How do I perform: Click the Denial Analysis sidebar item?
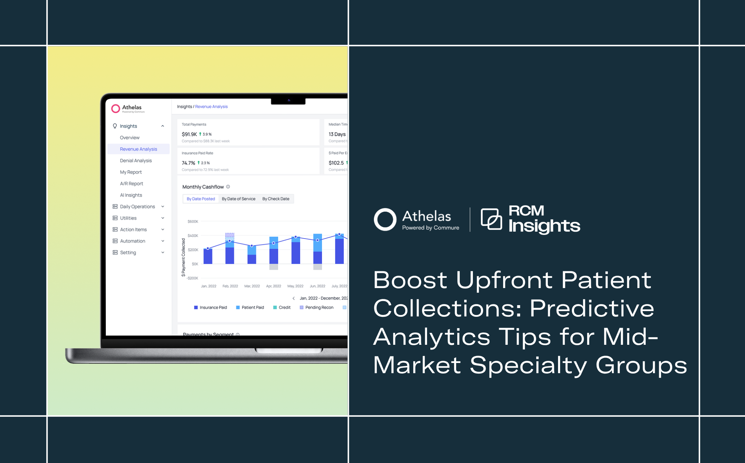[x=136, y=161]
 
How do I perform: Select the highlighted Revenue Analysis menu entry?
[x=138, y=149]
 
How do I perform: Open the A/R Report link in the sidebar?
[x=131, y=184]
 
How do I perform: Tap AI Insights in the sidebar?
[x=131, y=195]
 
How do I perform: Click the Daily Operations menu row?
[x=138, y=207]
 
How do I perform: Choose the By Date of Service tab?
[x=239, y=199]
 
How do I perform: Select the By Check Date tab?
[x=276, y=199]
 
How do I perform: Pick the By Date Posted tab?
[x=201, y=199]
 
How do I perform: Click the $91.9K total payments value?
[x=189, y=134]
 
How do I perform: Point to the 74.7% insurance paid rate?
[x=188, y=163]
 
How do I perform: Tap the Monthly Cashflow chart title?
[x=203, y=187]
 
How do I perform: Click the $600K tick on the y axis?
[x=193, y=221]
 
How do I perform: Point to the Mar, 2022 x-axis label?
[x=252, y=286]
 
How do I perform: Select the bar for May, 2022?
[x=296, y=251]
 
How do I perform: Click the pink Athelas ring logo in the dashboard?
[x=116, y=108]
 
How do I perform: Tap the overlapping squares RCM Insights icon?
[x=491, y=219]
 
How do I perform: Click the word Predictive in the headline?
[x=592, y=309]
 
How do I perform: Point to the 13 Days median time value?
[x=337, y=134]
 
